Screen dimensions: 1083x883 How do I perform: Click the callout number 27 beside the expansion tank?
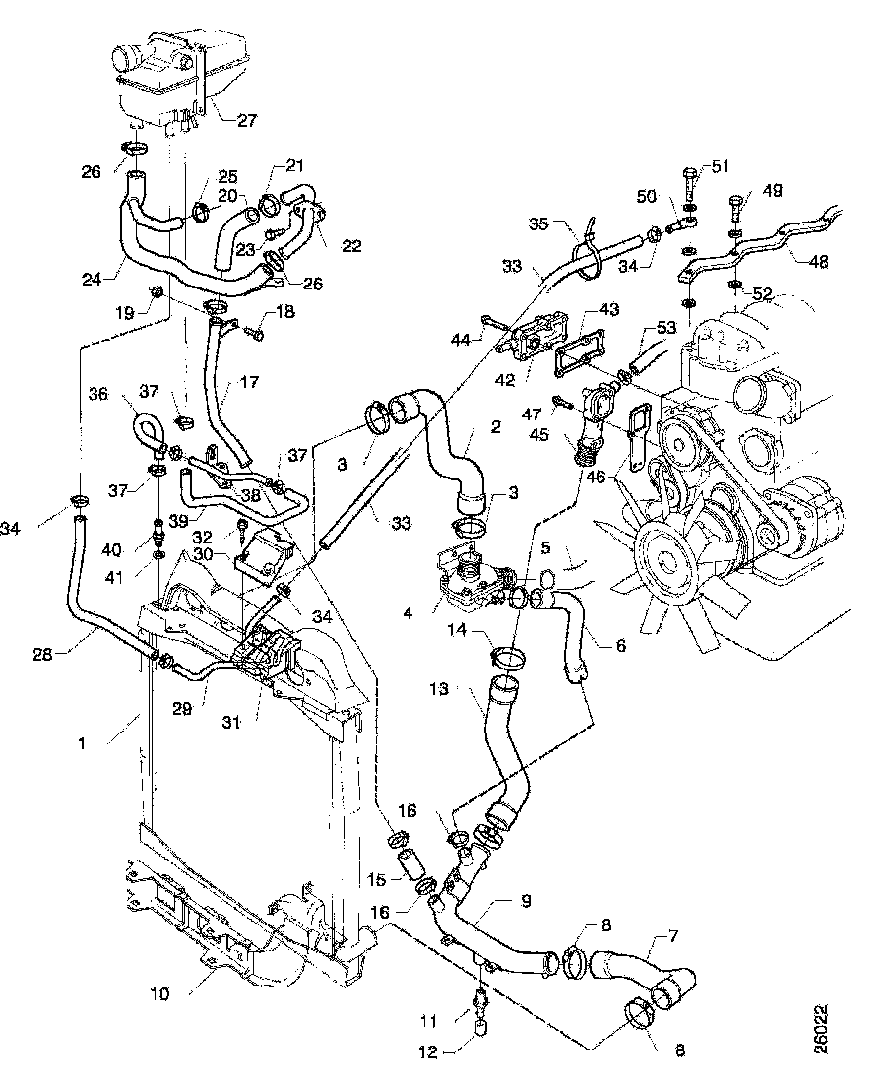pyautogui.click(x=246, y=121)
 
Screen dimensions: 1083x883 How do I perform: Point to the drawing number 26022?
pyautogui.click(x=821, y=1030)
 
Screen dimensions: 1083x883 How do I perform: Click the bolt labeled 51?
pyautogui.click(x=685, y=183)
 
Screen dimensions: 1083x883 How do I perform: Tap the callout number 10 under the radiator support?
pyautogui.click(x=160, y=993)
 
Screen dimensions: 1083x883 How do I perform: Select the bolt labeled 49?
pyautogui.click(x=734, y=210)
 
